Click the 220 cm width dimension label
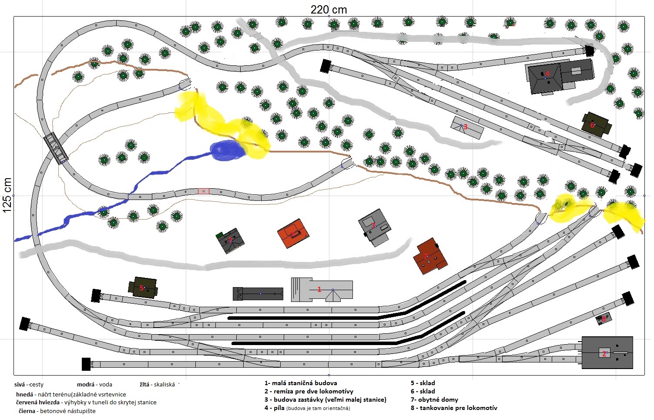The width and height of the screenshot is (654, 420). [329, 10]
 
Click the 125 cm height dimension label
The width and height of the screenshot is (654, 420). [7, 195]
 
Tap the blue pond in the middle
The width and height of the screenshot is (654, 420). [228, 150]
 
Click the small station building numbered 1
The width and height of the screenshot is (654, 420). [322, 290]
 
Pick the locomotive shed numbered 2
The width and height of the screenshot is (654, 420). [607, 352]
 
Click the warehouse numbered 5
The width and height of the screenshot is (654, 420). [143, 288]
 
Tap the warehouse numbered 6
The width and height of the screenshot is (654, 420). [596, 125]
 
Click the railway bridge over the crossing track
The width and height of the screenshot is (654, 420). [56, 148]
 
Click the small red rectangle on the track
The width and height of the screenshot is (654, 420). [204, 191]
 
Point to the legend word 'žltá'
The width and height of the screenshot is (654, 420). [144, 384]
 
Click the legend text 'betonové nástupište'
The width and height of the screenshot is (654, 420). [68, 411]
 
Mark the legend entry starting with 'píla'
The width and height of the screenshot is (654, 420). [307, 408]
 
